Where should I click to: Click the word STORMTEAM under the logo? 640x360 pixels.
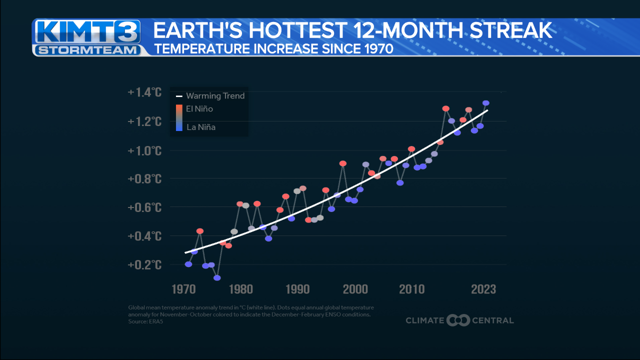(88, 50)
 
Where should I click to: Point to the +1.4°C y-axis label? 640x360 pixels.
(144, 92)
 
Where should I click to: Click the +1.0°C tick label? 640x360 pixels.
(144, 150)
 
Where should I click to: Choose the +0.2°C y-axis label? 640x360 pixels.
(144, 264)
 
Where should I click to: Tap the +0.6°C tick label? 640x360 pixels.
(144, 207)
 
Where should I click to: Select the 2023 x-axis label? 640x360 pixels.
(483, 289)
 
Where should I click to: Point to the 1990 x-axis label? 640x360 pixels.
(298, 289)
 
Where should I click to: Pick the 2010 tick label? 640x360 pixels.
(412, 289)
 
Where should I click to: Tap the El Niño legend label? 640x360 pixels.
(199, 109)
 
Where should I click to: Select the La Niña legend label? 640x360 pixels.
(200, 127)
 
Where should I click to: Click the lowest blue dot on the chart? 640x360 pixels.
(217, 277)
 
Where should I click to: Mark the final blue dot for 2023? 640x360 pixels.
(485, 103)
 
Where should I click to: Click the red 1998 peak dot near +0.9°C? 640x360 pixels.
(343, 163)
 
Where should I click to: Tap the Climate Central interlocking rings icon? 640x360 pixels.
(458, 320)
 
